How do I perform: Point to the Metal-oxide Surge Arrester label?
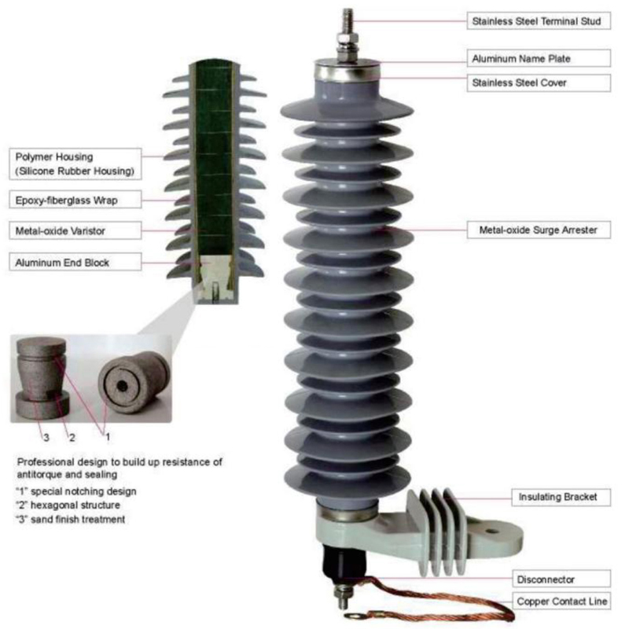click(539, 230)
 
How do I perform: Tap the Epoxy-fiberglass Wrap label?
click(68, 200)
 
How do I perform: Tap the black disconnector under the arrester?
click(343, 561)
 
